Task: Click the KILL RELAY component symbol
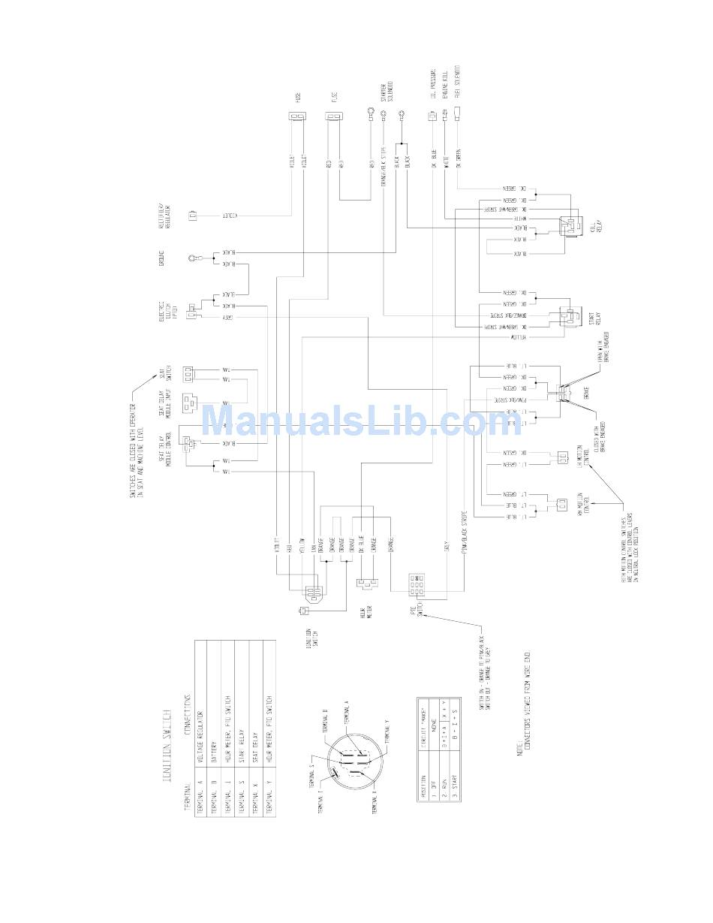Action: click(570, 224)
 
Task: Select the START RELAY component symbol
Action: click(568, 318)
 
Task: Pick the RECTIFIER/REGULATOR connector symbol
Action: click(192, 216)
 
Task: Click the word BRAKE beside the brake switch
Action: click(586, 393)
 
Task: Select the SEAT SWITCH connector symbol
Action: click(188, 373)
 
